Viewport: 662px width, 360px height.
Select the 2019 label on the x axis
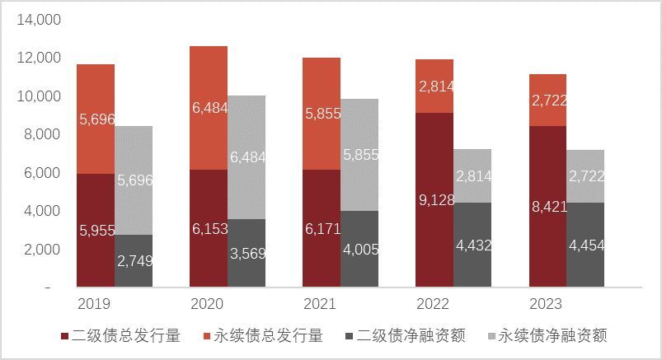[x=94, y=304]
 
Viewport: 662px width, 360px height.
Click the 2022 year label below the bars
[x=433, y=304]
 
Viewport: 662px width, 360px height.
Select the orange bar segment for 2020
[x=209, y=91]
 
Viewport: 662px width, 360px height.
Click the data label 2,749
[x=134, y=261]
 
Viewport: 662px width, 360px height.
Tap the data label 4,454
[x=585, y=245]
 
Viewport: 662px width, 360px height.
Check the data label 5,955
[x=96, y=231]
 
